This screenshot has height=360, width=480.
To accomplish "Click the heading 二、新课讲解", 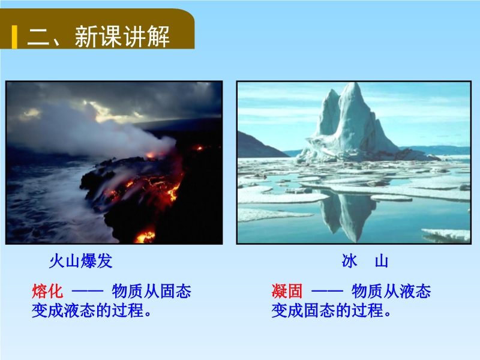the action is tap(98, 37).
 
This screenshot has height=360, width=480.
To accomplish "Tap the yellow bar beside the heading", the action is tap(14, 37).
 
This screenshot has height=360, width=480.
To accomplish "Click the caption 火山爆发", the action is tap(81, 261).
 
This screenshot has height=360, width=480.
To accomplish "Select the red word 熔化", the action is tap(47, 291).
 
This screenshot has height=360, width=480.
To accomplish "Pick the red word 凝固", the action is tap(287, 291).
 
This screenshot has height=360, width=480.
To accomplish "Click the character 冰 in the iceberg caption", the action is tap(350, 261).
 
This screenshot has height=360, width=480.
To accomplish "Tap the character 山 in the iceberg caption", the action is tap(382, 261).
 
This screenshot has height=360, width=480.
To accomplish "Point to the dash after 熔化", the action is tap(88, 291).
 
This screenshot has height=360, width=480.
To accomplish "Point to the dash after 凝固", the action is tap(327, 291).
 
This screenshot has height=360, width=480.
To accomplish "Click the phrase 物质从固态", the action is tap(152, 291).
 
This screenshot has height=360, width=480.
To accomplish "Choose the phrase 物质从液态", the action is tap(391, 291).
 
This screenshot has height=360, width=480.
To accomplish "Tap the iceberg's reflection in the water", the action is tap(347, 214).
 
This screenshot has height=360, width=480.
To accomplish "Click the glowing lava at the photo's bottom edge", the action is tap(146, 236).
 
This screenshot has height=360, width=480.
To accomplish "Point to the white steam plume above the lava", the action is tap(101, 134).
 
